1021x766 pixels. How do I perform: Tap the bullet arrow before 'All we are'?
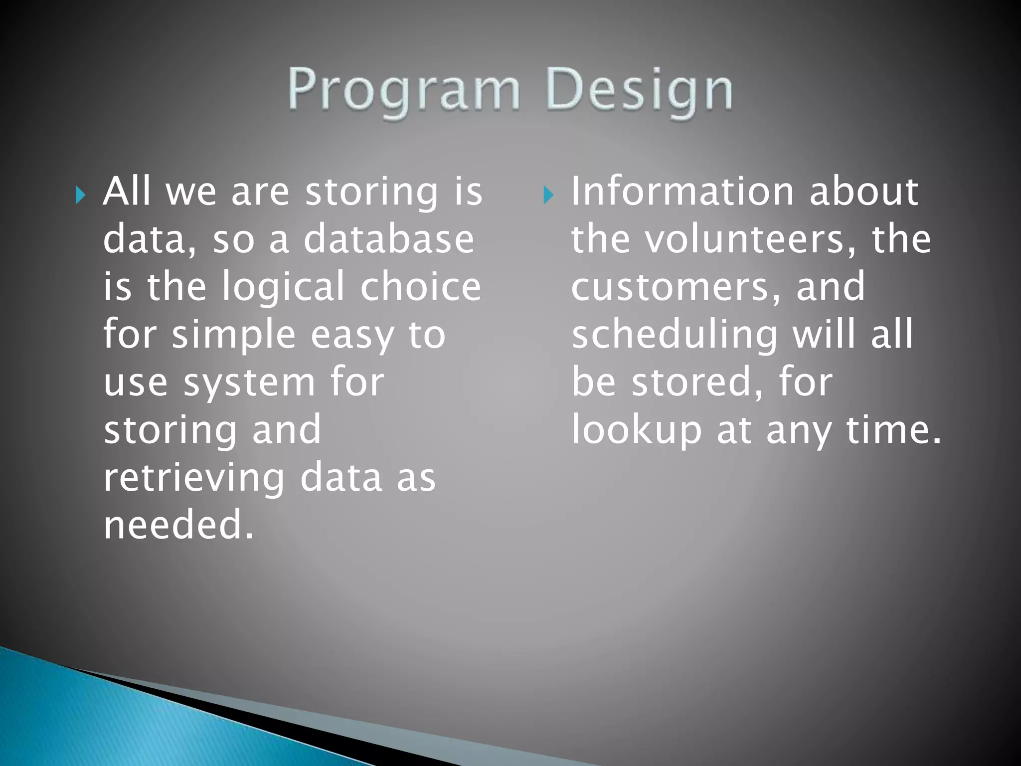80,195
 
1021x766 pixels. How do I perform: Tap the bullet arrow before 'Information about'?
548,195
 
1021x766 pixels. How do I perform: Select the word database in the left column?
388,239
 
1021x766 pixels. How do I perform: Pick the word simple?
233,335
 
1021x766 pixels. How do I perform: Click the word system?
249,383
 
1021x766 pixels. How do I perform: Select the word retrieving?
194,478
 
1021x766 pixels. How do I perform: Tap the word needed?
178,525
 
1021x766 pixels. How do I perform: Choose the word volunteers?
750,239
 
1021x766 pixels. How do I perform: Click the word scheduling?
674,335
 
